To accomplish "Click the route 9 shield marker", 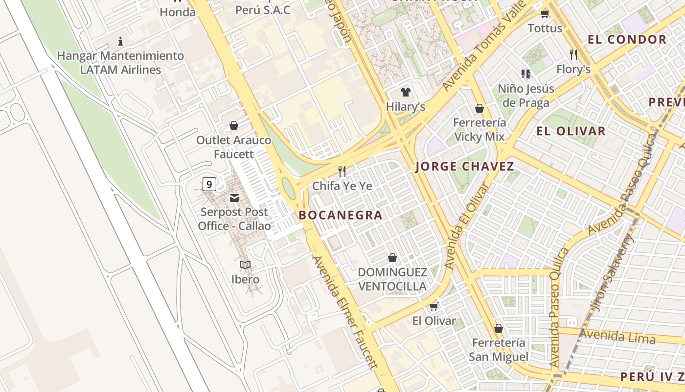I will click(209, 184).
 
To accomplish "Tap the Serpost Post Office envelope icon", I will click(234, 198).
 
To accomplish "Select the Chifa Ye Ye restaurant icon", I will click(342, 171).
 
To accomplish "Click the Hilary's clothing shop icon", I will click(405, 92).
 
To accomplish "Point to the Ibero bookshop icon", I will click(245, 265).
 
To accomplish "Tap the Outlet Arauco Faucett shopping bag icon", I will click(234, 125).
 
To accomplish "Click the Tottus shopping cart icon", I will click(545, 14).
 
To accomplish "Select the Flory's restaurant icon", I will click(573, 54).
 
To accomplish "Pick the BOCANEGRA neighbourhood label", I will click(341, 215).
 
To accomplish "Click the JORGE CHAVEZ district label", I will click(464, 167).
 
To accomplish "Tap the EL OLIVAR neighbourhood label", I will click(571, 131).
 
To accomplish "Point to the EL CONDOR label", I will click(627, 40).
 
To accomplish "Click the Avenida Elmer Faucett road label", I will click(345, 312).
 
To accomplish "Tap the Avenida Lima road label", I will click(617, 337).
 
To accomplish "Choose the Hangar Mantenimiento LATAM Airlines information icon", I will click(120, 41).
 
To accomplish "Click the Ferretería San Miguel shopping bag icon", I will click(498, 328).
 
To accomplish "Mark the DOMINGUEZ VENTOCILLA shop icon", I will click(392, 258).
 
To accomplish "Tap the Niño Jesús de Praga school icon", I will click(526, 74).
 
